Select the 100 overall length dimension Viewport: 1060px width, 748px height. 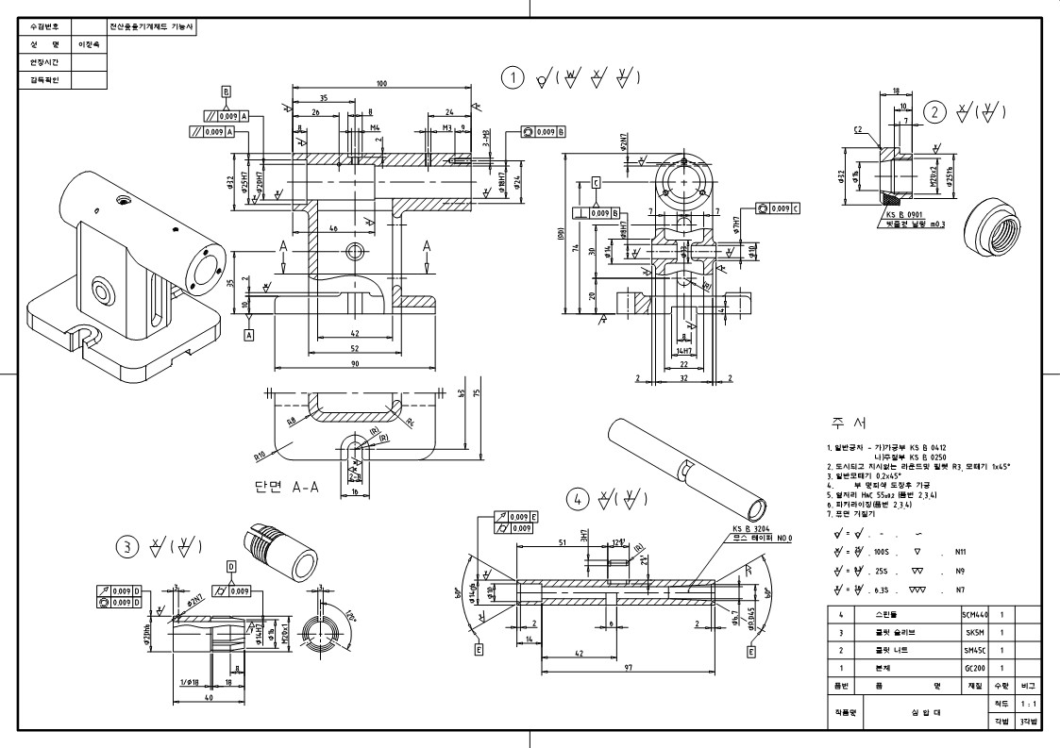click(381, 84)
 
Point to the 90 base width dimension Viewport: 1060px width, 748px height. click(353, 363)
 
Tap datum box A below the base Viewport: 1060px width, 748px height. click(249, 334)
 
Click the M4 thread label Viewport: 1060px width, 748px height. click(375, 126)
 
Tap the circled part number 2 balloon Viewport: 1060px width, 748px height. click(934, 112)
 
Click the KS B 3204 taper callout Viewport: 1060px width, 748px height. click(750, 530)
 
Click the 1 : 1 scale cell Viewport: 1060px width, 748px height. click(1028, 703)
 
